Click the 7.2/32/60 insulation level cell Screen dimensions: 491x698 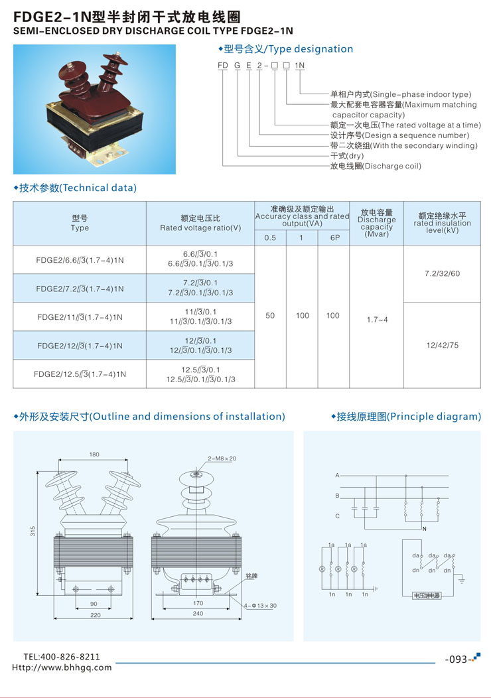(x=442, y=273)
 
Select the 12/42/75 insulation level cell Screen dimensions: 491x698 (x=442, y=345)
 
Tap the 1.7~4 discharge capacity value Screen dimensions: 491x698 (x=377, y=320)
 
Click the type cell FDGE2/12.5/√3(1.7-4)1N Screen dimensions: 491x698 (x=80, y=374)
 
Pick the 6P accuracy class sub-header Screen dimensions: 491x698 (x=335, y=238)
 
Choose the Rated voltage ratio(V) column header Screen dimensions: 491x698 (x=200, y=228)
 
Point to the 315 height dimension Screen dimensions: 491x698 (x=33, y=531)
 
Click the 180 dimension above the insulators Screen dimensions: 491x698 (x=94, y=454)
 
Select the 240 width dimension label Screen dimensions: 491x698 (x=198, y=614)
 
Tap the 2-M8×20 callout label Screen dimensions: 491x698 (x=222, y=458)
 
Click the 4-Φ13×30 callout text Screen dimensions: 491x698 (x=260, y=605)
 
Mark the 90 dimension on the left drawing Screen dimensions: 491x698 (x=94, y=604)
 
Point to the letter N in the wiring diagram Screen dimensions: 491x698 (x=424, y=529)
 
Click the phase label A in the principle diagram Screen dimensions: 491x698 (x=338, y=476)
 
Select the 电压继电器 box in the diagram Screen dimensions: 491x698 (x=427, y=595)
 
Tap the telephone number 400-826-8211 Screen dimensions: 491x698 (x=70, y=657)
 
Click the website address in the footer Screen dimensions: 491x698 (x=62, y=667)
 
